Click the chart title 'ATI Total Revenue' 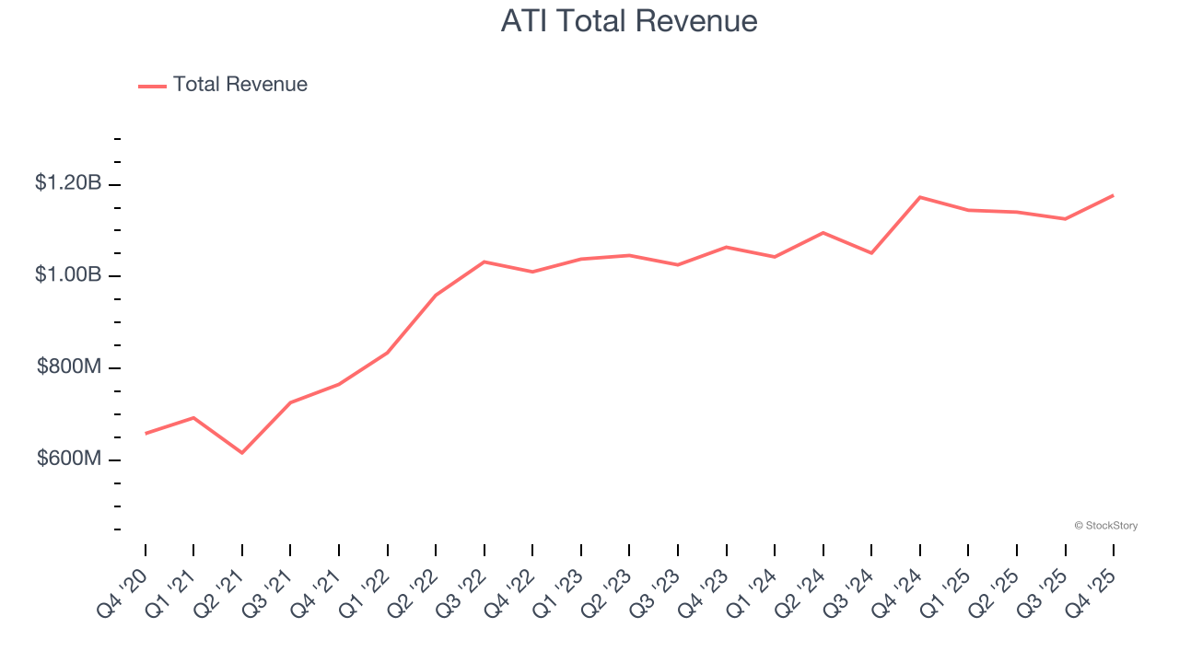[629, 20]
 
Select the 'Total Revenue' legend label [239, 85]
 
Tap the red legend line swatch [152, 86]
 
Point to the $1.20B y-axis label [68, 183]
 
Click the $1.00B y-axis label [68, 275]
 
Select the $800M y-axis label [69, 367]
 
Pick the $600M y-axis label [69, 459]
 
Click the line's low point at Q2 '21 [242, 453]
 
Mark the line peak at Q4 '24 [920, 197]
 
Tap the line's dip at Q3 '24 [871, 253]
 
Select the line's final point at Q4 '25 [1114, 195]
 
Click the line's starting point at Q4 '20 [146, 434]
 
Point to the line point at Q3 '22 [484, 262]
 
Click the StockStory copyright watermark [1105, 526]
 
